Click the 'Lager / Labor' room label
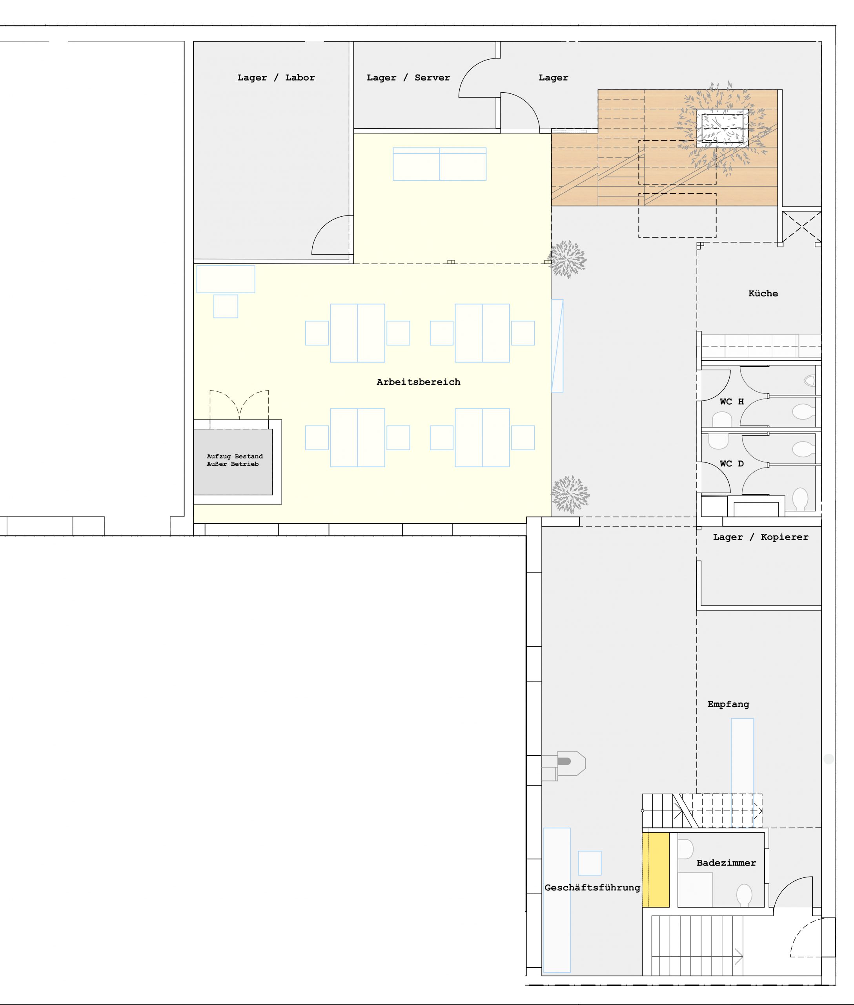click(276, 77)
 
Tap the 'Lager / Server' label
click(408, 77)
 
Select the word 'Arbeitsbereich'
click(418, 382)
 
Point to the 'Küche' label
click(763, 293)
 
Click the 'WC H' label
click(732, 401)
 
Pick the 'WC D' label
click(732, 464)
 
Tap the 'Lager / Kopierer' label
click(761, 537)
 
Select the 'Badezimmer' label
click(726, 863)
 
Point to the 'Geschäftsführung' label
click(592, 888)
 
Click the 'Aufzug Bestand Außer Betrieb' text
click(235, 460)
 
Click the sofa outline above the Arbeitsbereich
click(440, 164)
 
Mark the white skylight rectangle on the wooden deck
click(722, 128)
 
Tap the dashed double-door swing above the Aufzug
click(239, 405)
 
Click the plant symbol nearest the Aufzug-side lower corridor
click(570, 494)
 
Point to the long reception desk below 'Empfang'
click(742, 773)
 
